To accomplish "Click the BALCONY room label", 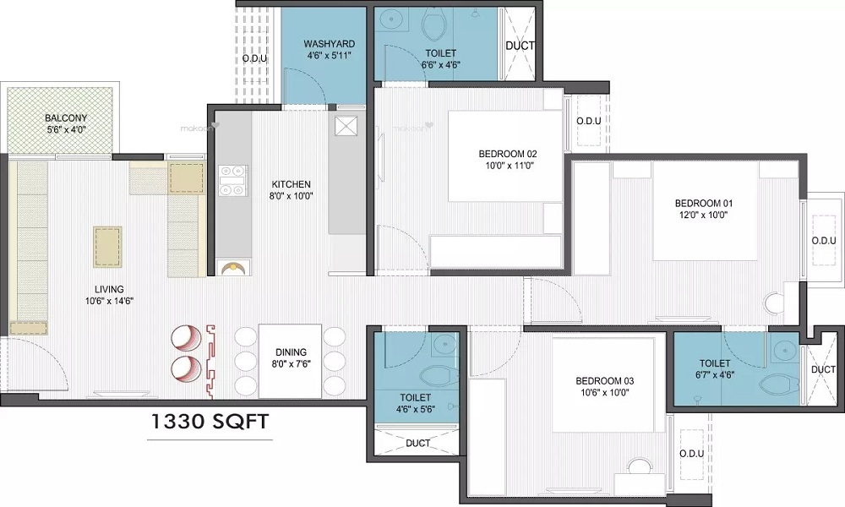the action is point(66,118).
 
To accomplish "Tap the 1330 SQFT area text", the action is point(209,422).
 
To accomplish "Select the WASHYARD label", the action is point(329,44).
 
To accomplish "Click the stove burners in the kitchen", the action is point(233,181).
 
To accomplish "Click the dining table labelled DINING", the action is point(291,361).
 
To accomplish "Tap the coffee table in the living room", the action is point(108,246).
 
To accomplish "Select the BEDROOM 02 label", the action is point(508,154).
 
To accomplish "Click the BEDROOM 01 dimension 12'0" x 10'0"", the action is point(704,215).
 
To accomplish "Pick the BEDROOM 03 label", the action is point(605,381).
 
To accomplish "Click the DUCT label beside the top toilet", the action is point(520,46).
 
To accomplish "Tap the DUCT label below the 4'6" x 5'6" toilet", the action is point(417,443).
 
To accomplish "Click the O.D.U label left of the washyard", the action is point(254,58).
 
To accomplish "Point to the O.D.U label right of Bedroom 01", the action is point(824,241).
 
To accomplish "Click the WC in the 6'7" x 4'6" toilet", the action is point(779,384).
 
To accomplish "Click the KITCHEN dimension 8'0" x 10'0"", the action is point(291,196).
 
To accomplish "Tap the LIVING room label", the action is point(109,289).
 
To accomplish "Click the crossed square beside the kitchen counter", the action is point(346,127).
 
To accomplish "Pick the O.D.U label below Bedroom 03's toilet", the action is point(691,454).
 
